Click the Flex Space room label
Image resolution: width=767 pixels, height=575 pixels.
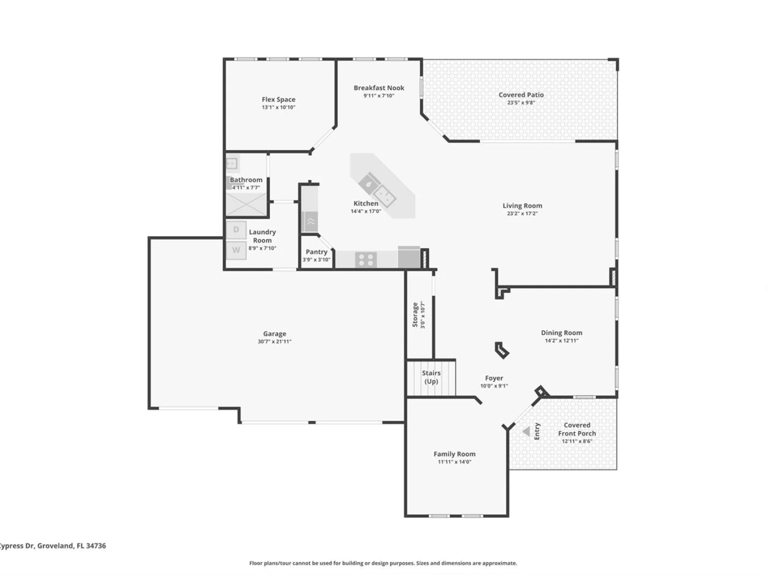[x=278, y=100]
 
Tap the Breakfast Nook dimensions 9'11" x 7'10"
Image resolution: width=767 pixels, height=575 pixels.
[x=379, y=96]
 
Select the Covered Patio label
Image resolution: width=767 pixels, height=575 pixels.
[x=521, y=94]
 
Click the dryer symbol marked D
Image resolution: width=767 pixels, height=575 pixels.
[x=236, y=230]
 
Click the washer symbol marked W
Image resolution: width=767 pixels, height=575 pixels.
[x=236, y=250]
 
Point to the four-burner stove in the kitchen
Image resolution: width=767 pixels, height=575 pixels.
[x=366, y=260]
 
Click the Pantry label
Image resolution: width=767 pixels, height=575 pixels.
[x=316, y=252]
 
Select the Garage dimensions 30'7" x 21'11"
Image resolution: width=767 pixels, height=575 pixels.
[x=275, y=342]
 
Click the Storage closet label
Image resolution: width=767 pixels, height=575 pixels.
[x=415, y=314]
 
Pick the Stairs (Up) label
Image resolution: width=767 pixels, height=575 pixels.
[x=431, y=377]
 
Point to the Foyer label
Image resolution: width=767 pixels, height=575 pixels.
[x=494, y=378]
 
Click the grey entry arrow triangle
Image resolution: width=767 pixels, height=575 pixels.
[x=526, y=432]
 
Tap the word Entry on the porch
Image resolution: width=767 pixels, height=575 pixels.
[x=537, y=432]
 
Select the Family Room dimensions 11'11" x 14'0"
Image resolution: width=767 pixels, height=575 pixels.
[x=454, y=461]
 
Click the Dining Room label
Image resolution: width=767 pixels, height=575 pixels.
[x=561, y=333]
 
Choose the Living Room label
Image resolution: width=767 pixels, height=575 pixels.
[x=522, y=206]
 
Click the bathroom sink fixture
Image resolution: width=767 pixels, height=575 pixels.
[x=232, y=163]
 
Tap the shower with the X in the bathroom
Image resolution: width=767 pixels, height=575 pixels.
[x=246, y=204]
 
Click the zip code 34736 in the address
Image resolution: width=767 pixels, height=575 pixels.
[x=96, y=546]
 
